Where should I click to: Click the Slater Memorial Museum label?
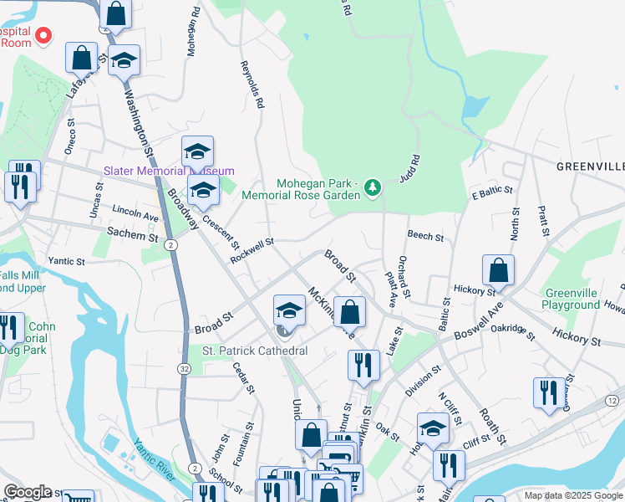point(161,171)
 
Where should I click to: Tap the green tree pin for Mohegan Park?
point(373,188)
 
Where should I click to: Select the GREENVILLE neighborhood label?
point(590,167)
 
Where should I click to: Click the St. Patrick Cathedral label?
point(255,351)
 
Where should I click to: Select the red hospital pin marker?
point(43,36)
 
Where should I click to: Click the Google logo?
point(28,492)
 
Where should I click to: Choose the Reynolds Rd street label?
point(252,85)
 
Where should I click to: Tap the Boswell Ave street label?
point(478,326)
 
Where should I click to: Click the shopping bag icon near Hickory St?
point(498,269)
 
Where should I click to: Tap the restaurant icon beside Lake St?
point(363,365)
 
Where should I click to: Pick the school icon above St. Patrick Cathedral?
point(289,310)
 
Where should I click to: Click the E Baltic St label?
point(491,192)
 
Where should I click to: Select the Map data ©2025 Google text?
point(572,495)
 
